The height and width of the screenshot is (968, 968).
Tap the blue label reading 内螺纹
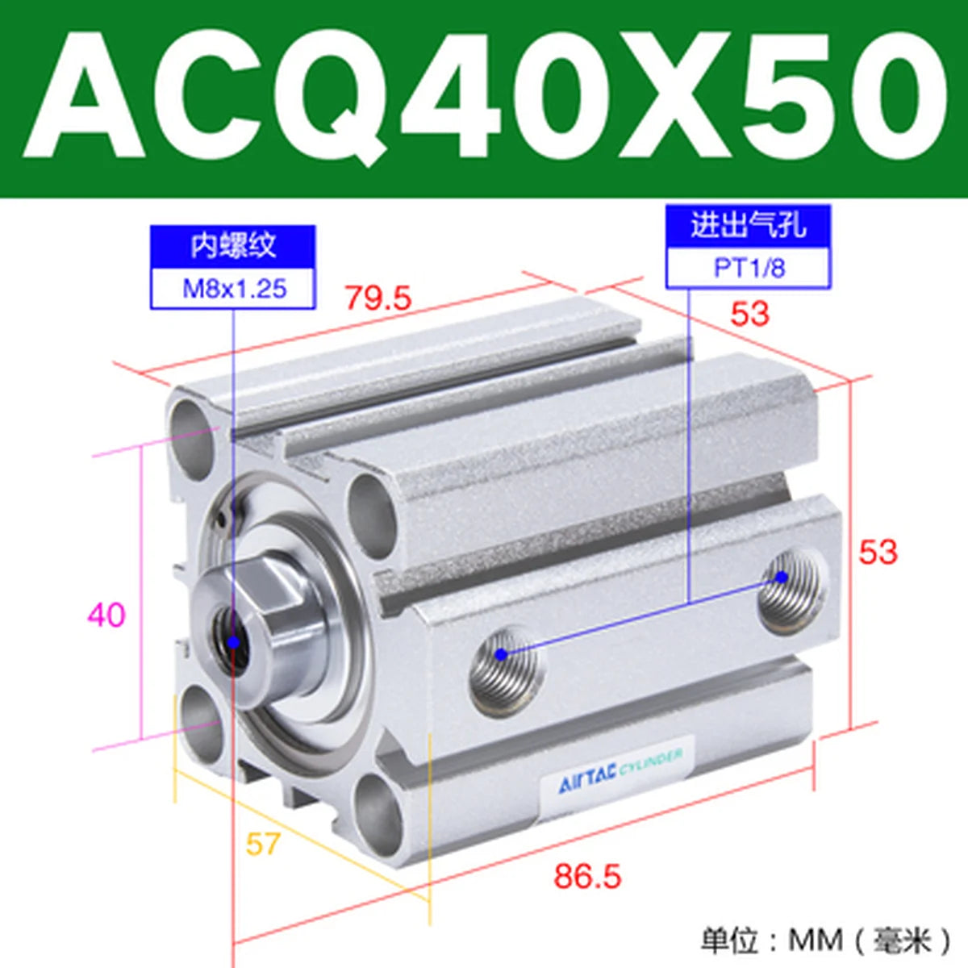pos(232,247)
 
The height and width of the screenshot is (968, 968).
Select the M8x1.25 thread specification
pos(234,289)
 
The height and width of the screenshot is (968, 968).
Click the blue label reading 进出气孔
pos(748,225)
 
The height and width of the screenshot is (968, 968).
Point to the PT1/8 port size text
pos(749,269)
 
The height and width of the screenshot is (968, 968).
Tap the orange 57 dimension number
pos(262,844)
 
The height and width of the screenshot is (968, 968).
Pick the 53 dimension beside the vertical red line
pos(878,553)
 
